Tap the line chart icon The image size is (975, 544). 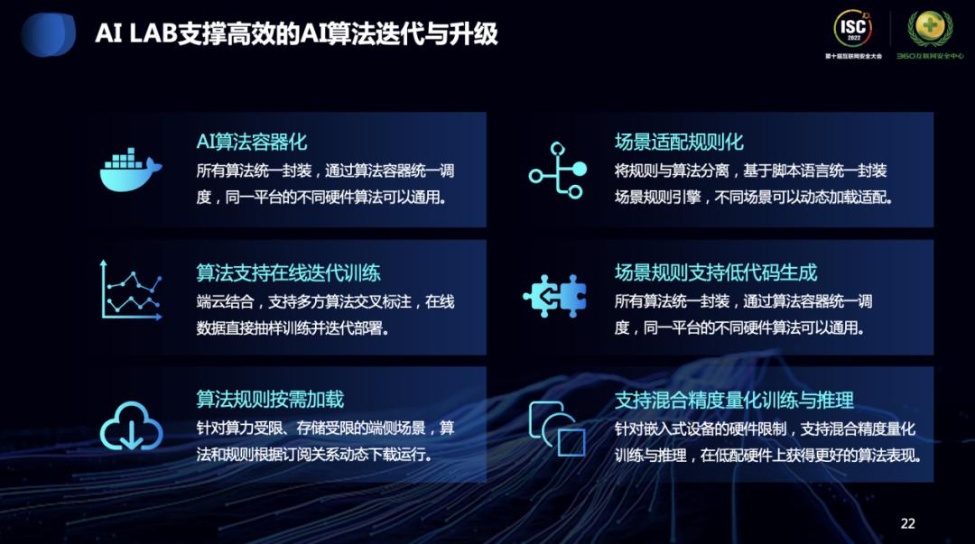[x=131, y=290]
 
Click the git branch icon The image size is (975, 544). [x=556, y=170]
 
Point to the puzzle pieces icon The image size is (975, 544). [x=555, y=295]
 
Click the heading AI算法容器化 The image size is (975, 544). [x=252, y=142]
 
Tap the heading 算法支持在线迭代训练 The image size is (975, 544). [x=288, y=272]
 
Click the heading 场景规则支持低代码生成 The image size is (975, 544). [x=716, y=272]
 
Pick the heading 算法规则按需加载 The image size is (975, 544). [x=270, y=399]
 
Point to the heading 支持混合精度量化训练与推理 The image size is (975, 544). [x=734, y=399]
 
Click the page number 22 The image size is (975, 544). [x=908, y=523]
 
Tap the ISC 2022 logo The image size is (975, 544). [x=853, y=30]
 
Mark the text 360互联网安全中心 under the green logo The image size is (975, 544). [x=929, y=56]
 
